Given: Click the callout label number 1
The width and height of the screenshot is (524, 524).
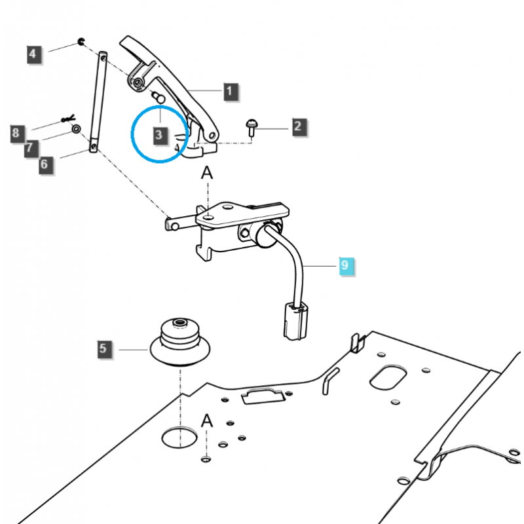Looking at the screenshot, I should point(230,91).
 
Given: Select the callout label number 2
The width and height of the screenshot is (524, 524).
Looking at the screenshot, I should point(298,126).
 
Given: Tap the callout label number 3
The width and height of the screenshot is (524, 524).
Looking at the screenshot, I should point(159,135).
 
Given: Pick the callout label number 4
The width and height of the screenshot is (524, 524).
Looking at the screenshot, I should point(35,54).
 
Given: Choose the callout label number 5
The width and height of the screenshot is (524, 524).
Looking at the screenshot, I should point(103,349).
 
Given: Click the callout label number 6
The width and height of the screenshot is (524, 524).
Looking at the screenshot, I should point(43,164).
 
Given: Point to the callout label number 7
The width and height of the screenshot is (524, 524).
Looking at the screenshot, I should point(29,149).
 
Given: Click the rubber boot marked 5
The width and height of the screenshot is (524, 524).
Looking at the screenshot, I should point(178,339).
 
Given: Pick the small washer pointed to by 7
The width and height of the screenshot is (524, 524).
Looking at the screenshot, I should point(77,129).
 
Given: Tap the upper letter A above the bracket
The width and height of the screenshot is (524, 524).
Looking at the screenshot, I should point(207,174).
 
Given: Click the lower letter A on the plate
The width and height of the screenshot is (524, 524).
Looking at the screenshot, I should point(207,421).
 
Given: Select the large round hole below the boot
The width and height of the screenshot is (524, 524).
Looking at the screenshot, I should point(179,436).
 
